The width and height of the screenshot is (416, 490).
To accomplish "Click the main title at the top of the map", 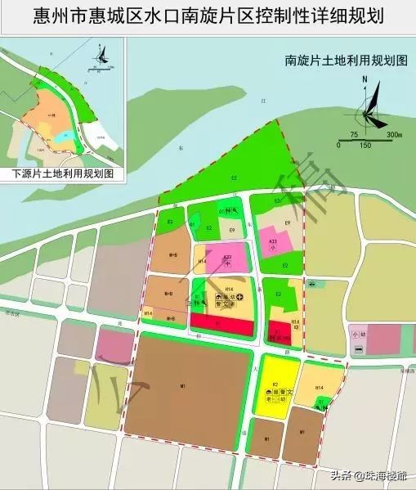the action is coord(208,16).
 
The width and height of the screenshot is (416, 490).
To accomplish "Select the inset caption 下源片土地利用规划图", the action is coord(62,174).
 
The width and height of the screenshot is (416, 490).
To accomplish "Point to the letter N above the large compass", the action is coord(366,79).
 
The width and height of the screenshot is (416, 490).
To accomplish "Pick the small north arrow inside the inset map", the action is coord(101,56).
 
